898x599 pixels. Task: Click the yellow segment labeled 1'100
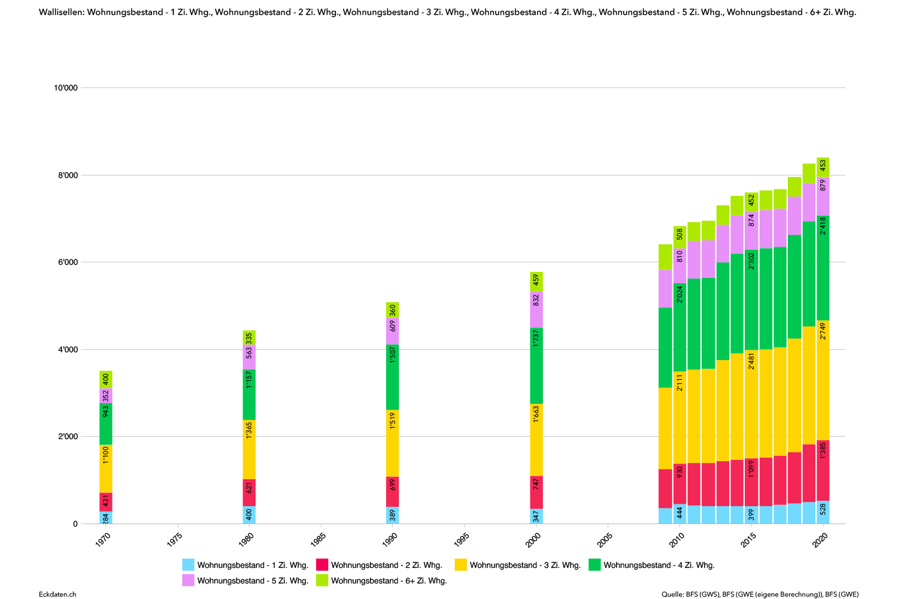coord(106,468)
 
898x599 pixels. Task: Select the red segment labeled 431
coord(106,502)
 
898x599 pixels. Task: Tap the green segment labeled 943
coord(106,424)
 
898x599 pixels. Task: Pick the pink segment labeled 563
coord(249,357)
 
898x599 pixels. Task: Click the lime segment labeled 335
coord(249,337)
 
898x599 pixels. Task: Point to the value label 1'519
coord(393,421)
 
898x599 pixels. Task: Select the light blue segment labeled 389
coord(393,515)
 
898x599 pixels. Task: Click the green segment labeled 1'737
coord(536,365)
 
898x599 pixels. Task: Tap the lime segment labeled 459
coord(536,282)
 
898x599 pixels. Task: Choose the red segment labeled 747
coord(536,492)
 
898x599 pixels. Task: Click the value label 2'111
coord(679,382)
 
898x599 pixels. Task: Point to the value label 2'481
coord(751,361)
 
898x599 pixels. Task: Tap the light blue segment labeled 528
coord(823,512)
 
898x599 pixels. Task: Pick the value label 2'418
coord(823,226)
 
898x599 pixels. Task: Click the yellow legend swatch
coord(460,564)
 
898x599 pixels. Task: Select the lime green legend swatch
coord(322,580)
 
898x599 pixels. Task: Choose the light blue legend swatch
coord(188,564)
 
